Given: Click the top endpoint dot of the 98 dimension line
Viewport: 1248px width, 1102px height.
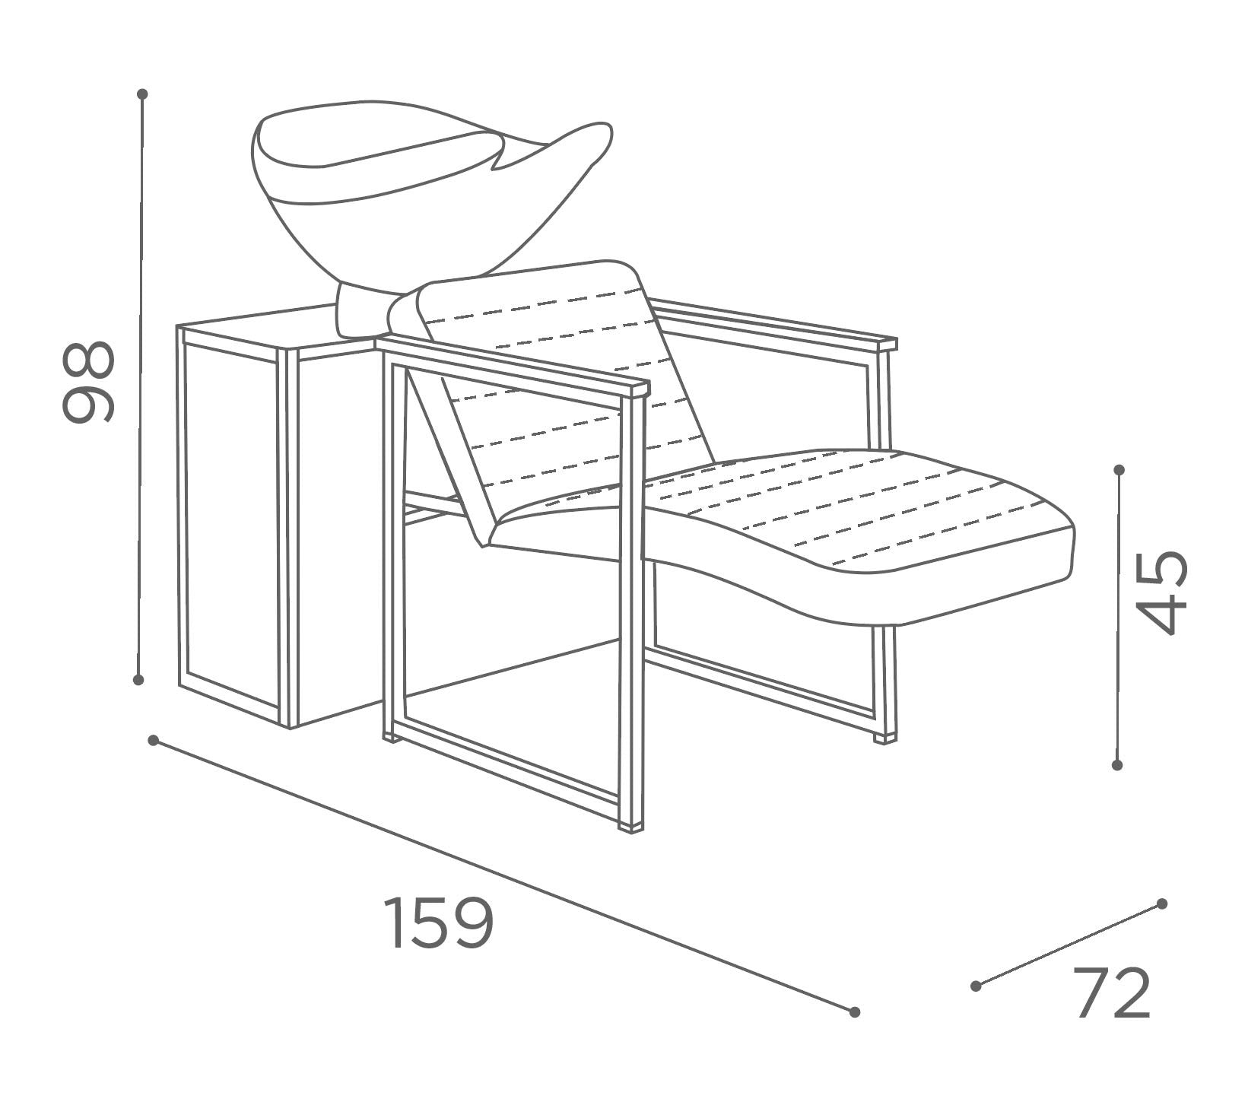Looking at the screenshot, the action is pyautogui.click(x=142, y=94).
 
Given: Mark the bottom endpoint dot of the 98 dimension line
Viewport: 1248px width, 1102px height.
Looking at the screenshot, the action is pyautogui.click(x=138, y=679).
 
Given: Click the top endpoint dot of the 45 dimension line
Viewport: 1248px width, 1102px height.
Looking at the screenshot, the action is pyautogui.click(x=1119, y=470).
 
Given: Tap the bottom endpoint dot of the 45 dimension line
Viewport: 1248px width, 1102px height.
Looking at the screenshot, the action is pyautogui.click(x=1117, y=764).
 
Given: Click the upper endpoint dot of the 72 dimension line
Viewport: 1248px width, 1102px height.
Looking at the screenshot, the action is pyautogui.click(x=1161, y=904).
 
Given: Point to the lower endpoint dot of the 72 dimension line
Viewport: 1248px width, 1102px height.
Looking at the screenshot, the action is pyautogui.click(x=976, y=986).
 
